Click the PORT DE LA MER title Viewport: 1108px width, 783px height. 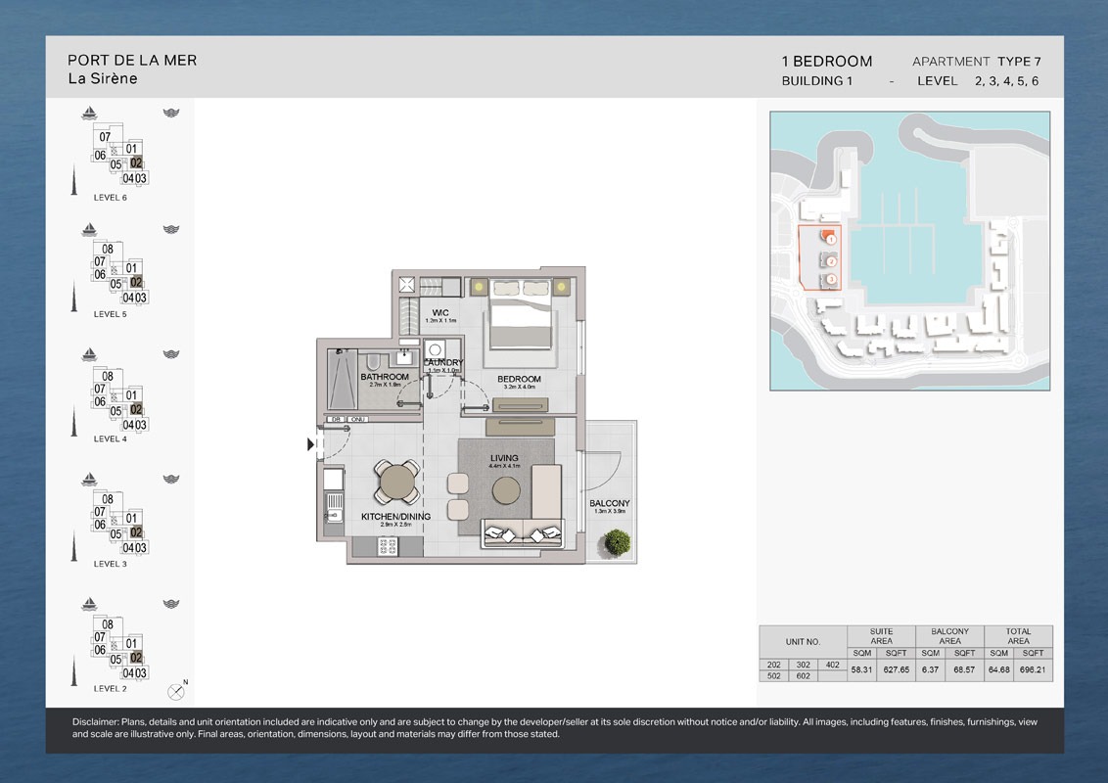click(x=132, y=60)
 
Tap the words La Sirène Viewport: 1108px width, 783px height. click(x=103, y=79)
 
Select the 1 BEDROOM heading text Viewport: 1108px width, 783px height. click(x=826, y=61)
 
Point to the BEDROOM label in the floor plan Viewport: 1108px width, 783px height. click(x=519, y=380)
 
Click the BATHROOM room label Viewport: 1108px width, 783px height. click(x=385, y=377)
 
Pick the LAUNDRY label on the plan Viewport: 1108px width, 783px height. click(x=443, y=363)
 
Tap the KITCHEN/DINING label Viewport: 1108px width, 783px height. click(x=396, y=516)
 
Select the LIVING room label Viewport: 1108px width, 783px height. click(x=504, y=458)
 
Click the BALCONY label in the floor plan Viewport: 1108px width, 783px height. click(x=609, y=504)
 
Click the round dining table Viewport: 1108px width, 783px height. click(x=397, y=481)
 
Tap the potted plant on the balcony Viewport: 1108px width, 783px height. click(x=618, y=541)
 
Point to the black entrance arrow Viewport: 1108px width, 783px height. click(x=311, y=444)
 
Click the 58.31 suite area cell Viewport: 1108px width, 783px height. click(x=863, y=670)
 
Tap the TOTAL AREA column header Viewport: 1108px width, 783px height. click(x=1018, y=636)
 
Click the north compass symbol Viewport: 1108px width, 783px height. click(x=176, y=691)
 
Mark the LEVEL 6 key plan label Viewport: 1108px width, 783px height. click(x=110, y=198)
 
